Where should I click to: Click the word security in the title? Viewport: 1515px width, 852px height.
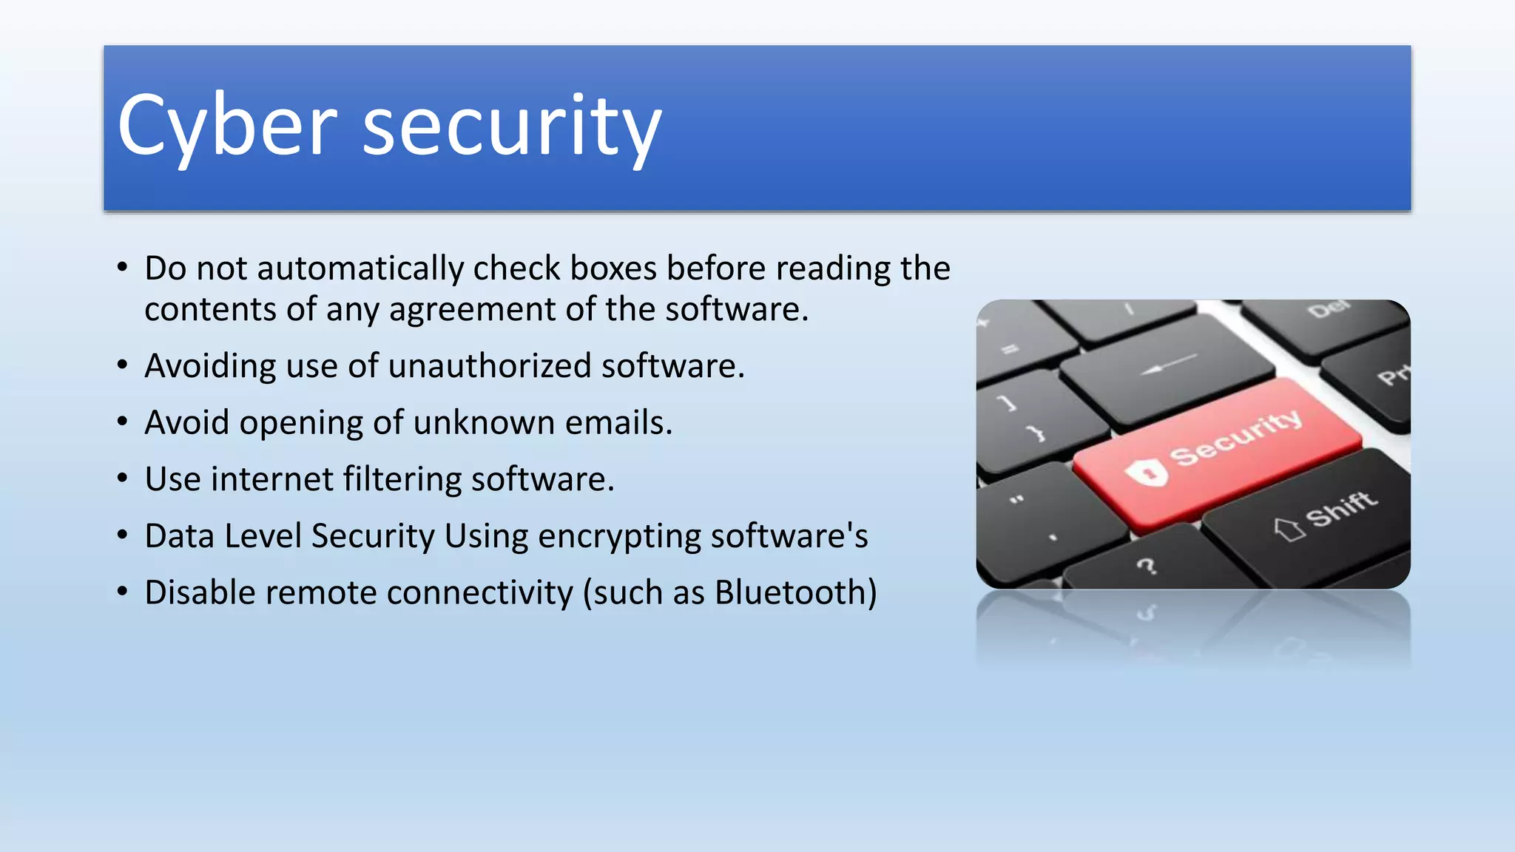pyautogui.click(x=512, y=127)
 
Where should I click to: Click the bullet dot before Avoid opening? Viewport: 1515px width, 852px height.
pyautogui.click(x=123, y=422)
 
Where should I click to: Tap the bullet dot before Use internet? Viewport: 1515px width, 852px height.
pyautogui.click(x=123, y=479)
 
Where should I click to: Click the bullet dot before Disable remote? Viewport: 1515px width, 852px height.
pyautogui.click(x=123, y=592)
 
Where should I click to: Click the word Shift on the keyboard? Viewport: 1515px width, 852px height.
pyautogui.click(x=1341, y=509)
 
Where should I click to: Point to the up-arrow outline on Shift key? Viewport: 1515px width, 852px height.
pyautogui.click(x=1289, y=528)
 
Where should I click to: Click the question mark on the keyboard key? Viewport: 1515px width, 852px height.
pyautogui.click(x=1146, y=567)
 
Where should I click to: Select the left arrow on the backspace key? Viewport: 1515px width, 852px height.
pyautogui.click(x=1168, y=364)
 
